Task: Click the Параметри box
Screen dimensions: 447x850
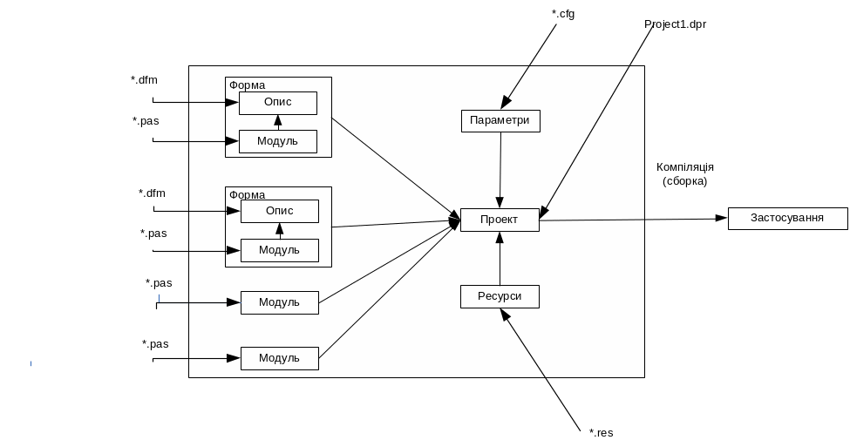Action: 500,121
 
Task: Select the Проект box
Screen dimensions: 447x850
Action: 500,220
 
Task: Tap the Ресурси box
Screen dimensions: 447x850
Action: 500,296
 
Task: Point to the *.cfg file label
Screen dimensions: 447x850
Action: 563,15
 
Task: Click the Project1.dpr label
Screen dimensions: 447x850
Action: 676,24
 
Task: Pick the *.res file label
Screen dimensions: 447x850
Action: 601,432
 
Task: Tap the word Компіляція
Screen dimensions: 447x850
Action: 685,166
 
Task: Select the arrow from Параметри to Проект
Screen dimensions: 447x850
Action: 500,170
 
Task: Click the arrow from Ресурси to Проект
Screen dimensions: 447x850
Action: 500,259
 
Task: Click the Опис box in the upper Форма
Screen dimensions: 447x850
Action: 277,103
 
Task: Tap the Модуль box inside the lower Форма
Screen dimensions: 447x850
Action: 279,250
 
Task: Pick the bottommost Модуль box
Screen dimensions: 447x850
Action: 279,358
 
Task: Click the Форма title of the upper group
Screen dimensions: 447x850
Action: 248,85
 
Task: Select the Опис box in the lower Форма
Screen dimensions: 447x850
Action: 279,211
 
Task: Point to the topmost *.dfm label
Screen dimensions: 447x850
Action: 144,80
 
